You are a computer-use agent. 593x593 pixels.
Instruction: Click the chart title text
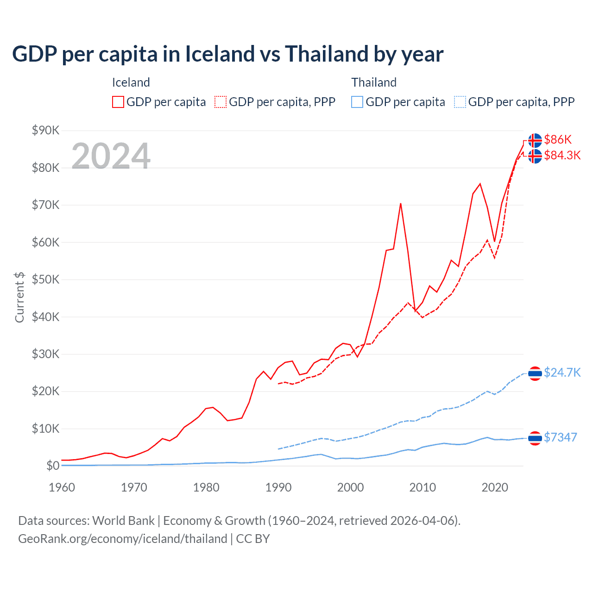point(227,54)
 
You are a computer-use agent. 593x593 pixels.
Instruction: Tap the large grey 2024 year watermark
point(111,156)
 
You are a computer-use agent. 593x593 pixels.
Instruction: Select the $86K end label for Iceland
point(558,139)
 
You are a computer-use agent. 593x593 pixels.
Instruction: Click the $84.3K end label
point(562,155)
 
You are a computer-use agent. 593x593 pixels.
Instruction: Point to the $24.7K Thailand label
point(562,372)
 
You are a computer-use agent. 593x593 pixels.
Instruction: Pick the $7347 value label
point(560,437)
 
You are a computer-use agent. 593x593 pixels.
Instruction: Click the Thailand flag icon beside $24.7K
point(535,373)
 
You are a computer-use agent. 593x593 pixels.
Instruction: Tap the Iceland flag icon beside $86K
point(535,140)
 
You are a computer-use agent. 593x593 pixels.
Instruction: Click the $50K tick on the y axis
point(45,279)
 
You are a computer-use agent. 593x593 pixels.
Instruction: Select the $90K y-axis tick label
point(45,130)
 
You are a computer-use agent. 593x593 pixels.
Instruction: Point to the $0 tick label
point(53,466)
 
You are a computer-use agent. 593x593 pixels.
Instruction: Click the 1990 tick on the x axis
point(278,487)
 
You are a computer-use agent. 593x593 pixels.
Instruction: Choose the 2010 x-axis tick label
point(423,487)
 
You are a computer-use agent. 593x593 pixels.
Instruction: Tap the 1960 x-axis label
point(62,487)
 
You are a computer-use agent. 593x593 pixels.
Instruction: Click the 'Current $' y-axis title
point(19,297)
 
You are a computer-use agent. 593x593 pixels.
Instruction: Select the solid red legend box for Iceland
point(118,102)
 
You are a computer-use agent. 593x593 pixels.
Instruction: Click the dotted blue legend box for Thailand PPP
point(460,102)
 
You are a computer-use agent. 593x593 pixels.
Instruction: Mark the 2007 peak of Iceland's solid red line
point(400,203)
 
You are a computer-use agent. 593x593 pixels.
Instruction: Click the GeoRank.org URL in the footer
point(122,539)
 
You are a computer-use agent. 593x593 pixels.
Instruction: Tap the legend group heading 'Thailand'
point(374,82)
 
